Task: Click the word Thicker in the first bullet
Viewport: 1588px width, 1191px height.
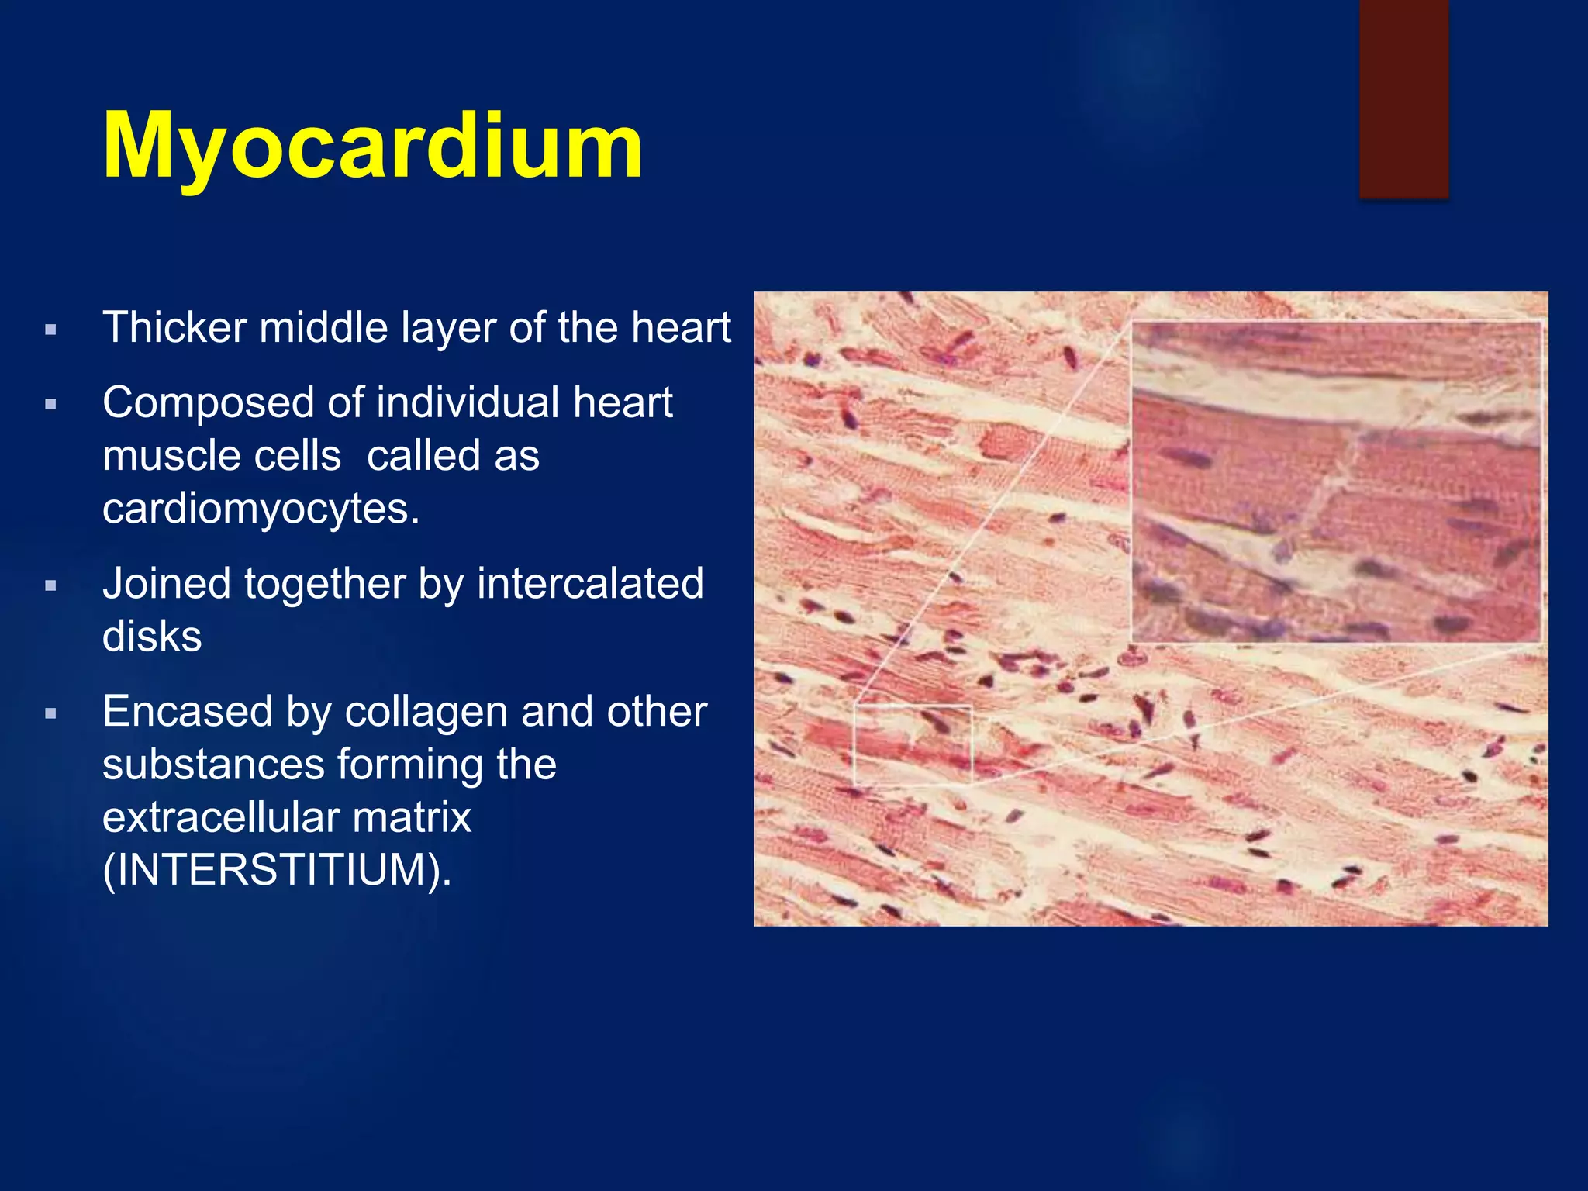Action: point(174,327)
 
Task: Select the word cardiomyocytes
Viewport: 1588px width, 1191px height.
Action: point(261,509)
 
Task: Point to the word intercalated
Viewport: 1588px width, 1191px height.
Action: point(590,583)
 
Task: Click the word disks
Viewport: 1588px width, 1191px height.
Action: point(152,637)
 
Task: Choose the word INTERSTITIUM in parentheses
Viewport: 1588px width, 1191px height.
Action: point(271,869)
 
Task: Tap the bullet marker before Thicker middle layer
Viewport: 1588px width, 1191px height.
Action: point(51,330)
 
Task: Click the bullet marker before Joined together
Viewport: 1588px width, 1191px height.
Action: point(51,586)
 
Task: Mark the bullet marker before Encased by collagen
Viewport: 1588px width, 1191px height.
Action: point(51,714)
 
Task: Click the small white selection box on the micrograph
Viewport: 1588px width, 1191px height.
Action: point(913,744)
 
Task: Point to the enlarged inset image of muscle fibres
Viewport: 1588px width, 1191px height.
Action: point(1335,482)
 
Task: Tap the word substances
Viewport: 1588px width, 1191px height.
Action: point(213,765)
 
